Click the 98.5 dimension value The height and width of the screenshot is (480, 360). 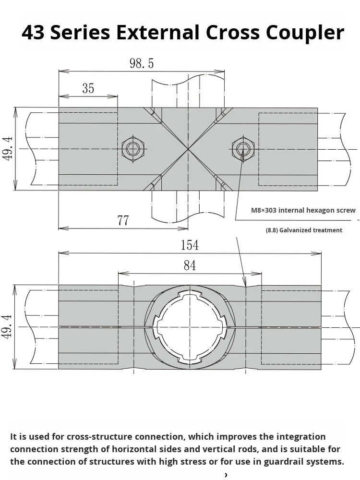click(142, 63)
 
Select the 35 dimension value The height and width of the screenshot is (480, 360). click(88, 88)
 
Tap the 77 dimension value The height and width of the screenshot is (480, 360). click(123, 220)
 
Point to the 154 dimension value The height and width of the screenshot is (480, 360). click(190, 245)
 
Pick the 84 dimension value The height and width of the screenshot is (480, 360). click(190, 265)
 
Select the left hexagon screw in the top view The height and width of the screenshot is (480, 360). click(133, 149)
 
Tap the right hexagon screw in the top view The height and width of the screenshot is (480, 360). click(243, 149)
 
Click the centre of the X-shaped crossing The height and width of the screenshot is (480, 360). click(188, 149)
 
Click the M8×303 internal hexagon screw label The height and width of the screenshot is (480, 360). click(303, 210)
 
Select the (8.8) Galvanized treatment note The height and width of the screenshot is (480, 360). click(304, 230)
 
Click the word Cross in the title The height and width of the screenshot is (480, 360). click(230, 33)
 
